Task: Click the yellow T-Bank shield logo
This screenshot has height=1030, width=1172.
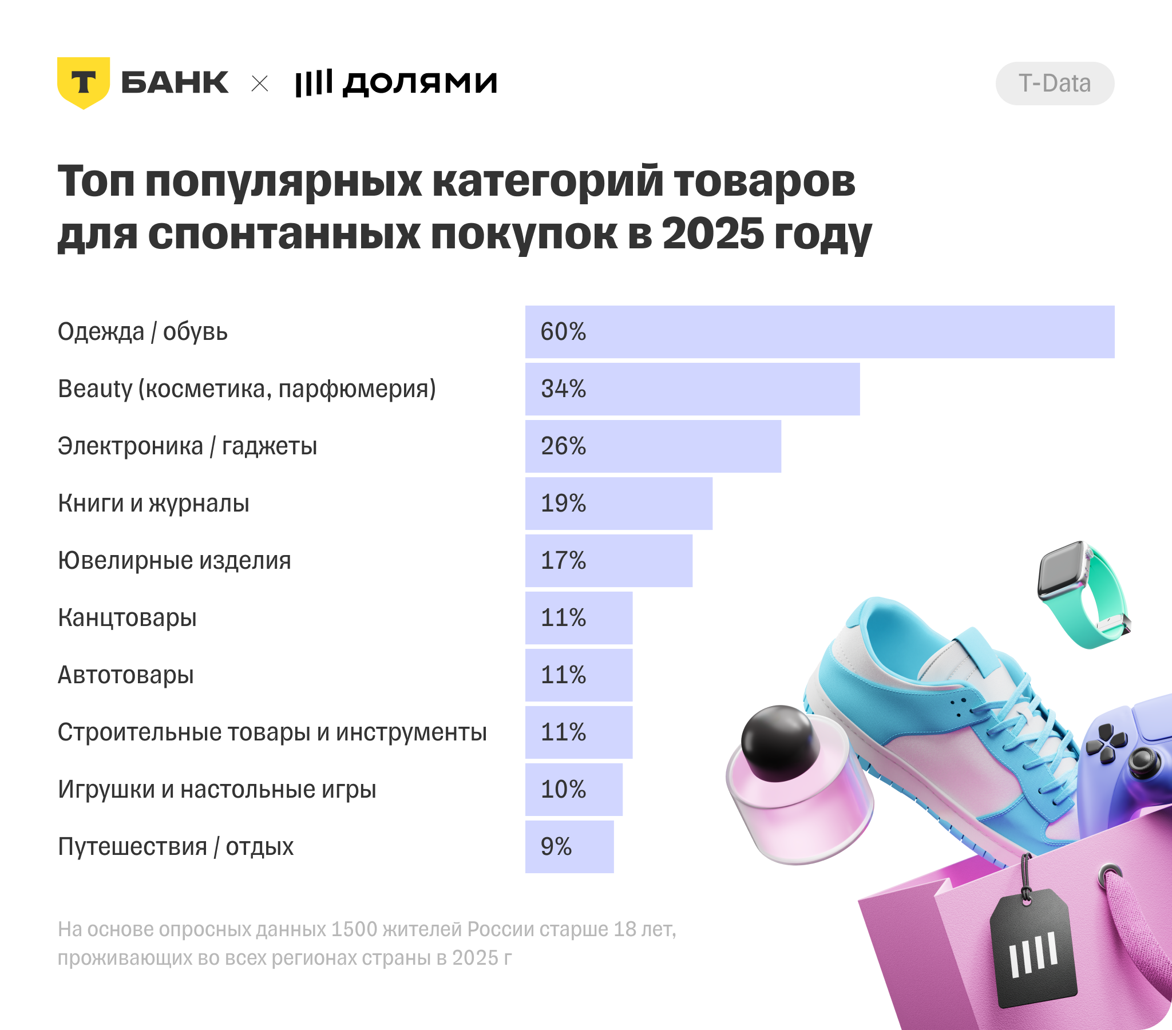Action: click(83, 82)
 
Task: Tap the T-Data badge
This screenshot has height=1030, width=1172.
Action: click(1055, 84)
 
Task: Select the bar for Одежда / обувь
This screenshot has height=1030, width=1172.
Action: click(819, 332)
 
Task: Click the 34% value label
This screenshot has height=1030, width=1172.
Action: click(563, 389)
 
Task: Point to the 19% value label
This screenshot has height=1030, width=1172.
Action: click(563, 504)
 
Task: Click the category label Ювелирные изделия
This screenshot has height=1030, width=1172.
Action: click(175, 560)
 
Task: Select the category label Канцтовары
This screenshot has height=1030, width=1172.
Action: click(127, 617)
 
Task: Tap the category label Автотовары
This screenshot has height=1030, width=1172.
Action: click(125, 675)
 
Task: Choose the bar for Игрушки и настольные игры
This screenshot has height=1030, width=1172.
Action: click(573, 790)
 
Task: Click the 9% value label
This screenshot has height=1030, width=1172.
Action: click(556, 847)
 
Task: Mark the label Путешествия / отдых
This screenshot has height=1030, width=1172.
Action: click(176, 847)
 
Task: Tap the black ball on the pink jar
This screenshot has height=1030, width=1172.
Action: click(780, 743)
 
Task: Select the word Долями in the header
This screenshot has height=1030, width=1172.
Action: click(419, 83)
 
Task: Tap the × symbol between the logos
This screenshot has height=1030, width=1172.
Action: click(260, 84)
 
